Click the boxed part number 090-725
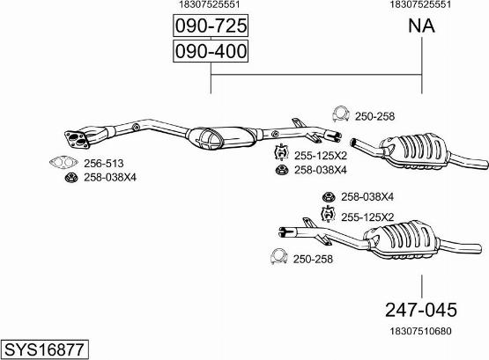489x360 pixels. tap(211, 26)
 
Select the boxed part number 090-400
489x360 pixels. tap(211, 51)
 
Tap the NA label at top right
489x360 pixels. tap(421, 26)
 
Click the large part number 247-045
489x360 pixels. tap(421, 310)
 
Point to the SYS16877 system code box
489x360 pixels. tap(45, 349)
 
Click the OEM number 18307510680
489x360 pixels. tap(420, 331)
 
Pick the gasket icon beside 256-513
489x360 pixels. tap(63, 162)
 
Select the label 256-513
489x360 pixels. tap(104, 163)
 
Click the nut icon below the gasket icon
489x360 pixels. tap(71, 178)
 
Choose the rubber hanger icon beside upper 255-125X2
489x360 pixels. tap(281, 153)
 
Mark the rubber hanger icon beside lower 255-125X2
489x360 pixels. tap(328, 214)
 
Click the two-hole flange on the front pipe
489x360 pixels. tap(77, 140)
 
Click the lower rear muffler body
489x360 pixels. tap(403, 239)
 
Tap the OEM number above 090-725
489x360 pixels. tap(210, 4)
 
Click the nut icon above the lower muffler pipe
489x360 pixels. tap(329, 197)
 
